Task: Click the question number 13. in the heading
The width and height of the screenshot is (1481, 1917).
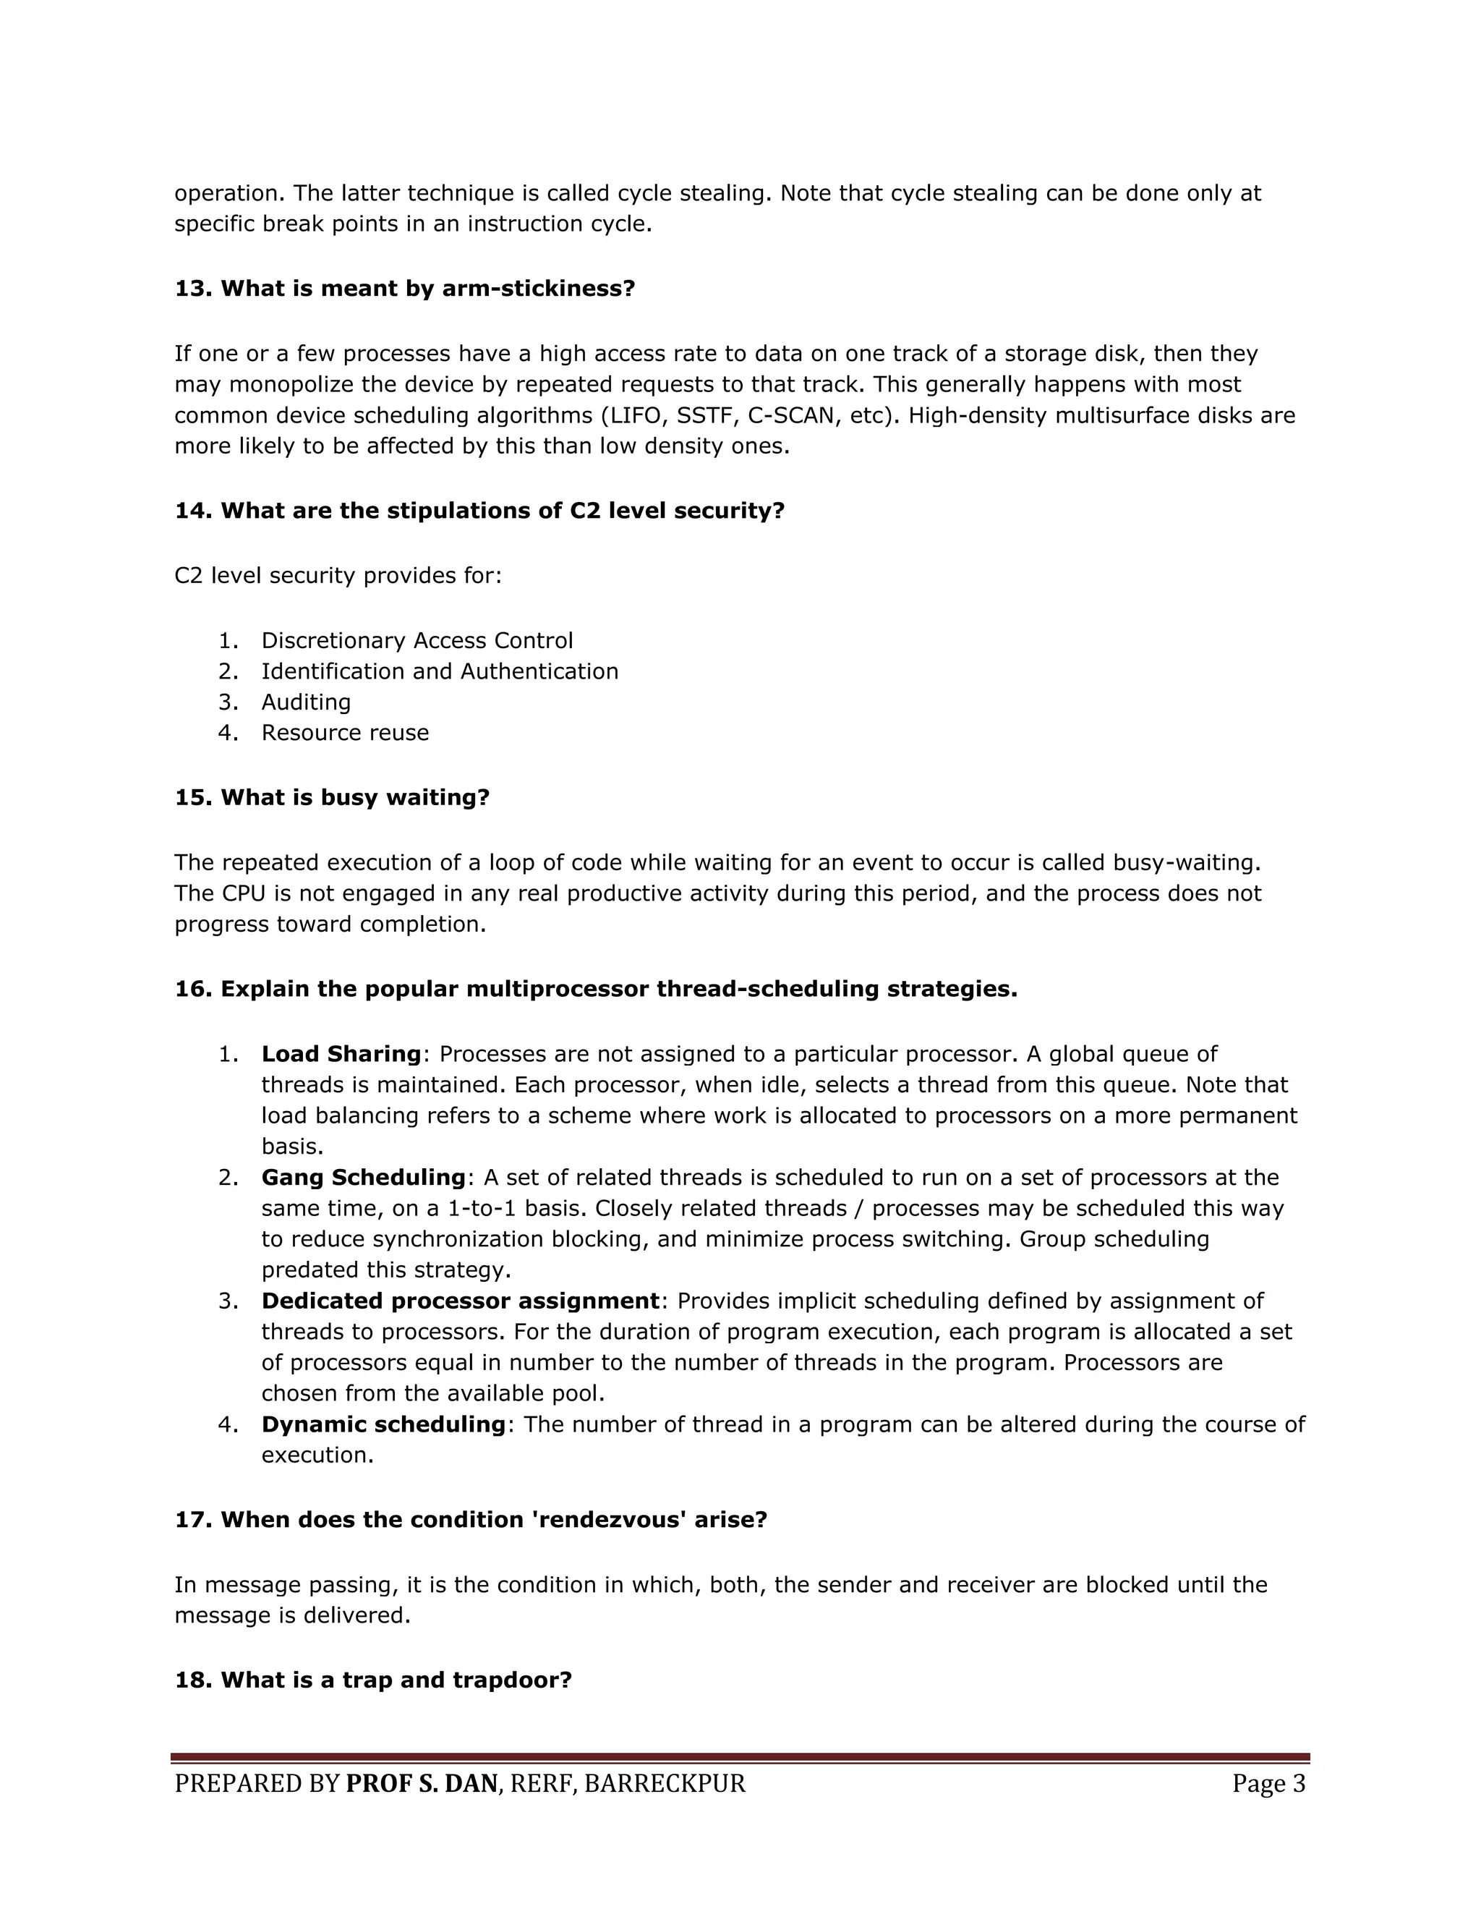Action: tap(194, 289)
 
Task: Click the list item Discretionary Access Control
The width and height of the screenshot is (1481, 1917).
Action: tap(417, 641)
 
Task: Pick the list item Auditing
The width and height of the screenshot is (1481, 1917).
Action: tap(305, 702)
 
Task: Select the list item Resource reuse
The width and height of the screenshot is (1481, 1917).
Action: tap(345, 733)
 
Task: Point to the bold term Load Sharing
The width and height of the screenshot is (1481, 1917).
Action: tap(341, 1054)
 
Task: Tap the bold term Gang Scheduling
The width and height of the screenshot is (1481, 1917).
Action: tap(363, 1178)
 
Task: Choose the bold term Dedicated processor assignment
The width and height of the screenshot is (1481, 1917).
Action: tap(460, 1301)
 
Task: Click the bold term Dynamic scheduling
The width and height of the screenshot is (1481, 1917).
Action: tap(383, 1424)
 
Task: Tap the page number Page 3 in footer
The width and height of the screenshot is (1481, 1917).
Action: tap(1268, 1785)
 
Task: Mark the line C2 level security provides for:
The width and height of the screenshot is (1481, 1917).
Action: tap(338, 576)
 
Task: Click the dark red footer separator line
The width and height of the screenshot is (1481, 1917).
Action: tap(740, 1758)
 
